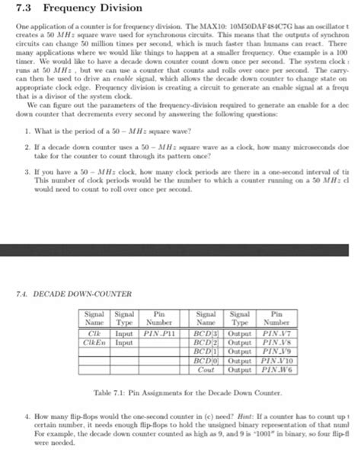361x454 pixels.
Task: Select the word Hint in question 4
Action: (243, 416)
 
